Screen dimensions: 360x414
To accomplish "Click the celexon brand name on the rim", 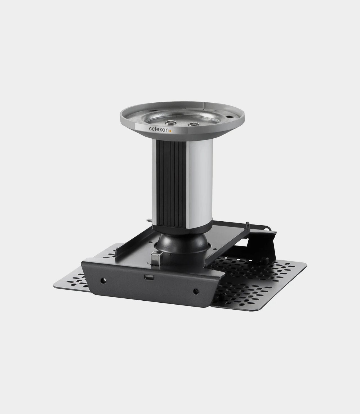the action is point(159,129).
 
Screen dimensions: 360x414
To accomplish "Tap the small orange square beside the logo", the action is point(170,131).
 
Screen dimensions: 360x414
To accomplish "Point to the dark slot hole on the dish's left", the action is point(153,110).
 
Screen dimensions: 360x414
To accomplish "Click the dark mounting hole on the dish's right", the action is point(229,116).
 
